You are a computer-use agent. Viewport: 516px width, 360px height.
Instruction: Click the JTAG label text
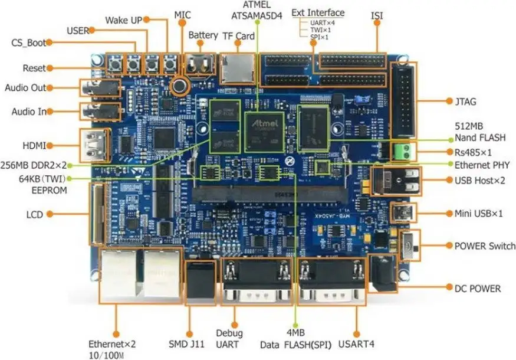(466, 102)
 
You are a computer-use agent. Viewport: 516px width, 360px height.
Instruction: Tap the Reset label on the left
(34, 68)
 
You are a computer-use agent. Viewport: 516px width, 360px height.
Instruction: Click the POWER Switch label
(485, 246)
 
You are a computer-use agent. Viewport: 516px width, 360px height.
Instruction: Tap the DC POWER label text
(477, 289)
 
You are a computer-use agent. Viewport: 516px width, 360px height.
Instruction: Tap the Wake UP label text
(124, 20)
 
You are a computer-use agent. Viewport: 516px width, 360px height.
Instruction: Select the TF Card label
(238, 36)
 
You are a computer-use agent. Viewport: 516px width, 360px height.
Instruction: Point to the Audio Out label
(25, 88)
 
